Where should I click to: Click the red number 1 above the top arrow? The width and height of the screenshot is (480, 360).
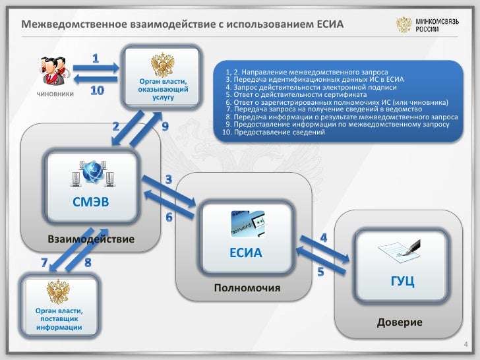(x=96, y=59)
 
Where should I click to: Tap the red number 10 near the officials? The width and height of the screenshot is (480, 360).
(x=96, y=90)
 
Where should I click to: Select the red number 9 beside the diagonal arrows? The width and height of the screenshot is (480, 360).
(x=165, y=125)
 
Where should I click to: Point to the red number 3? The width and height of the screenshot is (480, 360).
(x=169, y=179)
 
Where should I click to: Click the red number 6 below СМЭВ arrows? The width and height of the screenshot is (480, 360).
(x=169, y=217)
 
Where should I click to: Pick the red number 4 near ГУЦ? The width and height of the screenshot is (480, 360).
(x=324, y=237)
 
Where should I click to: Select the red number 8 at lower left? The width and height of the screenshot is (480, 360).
(x=88, y=263)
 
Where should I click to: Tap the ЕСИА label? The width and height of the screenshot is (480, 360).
(x=245, y=253)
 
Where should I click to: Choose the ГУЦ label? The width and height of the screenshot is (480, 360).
(x=402, y=281)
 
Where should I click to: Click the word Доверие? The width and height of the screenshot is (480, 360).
(x=400, y=322)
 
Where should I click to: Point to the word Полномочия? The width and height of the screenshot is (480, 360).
(x=247, y=289)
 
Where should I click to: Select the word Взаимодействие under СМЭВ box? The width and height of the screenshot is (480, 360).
(x=91, y=237)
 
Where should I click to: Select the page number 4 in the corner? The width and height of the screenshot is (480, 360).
(x=467, y=345)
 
